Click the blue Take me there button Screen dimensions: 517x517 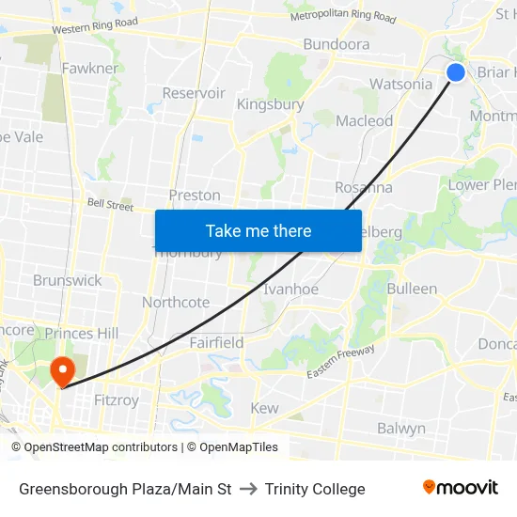pyautogui.click(x=258, y=230)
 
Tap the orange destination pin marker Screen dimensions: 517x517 pyautogui.click(x=63, y=368)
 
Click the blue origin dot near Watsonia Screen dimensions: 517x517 pyautogui.click(x=456, y=72)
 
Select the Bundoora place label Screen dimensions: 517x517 pyautogui.click(x=336, y=44)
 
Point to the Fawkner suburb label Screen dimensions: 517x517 pyautogui.click(x=90, y=69)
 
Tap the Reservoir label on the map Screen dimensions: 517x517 pyautogui.click(x=194, y=93)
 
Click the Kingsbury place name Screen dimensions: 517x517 pyautogui.click(x=270, y=104)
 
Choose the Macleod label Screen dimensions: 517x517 pyautogui.click(x=364, y=120)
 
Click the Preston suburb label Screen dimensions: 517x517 pyautogui.click(x=195, y=196)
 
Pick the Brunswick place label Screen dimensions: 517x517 pyautogui.click(x=67, y=280)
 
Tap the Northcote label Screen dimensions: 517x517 pyautogui.click(x=176, y=302)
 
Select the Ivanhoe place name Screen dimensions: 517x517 pyautogui.click(x=290, y=289)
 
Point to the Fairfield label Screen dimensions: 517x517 pyautogui.click(x=216, y=342)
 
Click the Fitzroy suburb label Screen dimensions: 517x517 pyautogui.click(x=117, y=399)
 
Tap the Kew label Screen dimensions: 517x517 pyautogui.click(x=264, y=408)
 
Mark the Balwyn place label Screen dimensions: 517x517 pyautogui.click(x=401, y=428)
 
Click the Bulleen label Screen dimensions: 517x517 pyautogui.click(x=412, y=289)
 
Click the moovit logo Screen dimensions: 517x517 pyautogui.click(x=460, y=488)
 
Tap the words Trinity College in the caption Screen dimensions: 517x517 pyautogui.click(x=315, y=489)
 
